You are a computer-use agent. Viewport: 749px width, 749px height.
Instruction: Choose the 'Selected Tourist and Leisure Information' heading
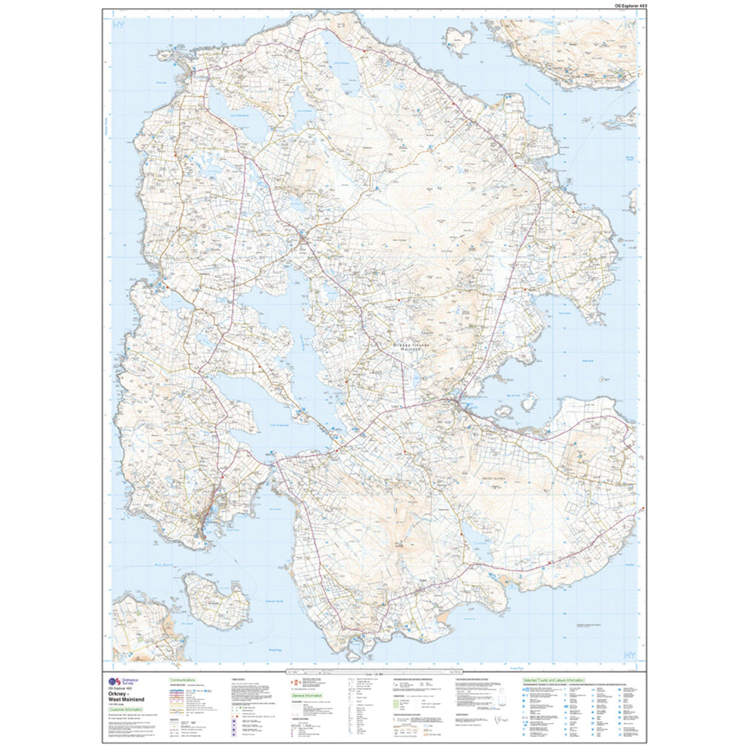click(x=553, y=680)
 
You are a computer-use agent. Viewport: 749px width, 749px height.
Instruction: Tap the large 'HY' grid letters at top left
click(x=120, y=27)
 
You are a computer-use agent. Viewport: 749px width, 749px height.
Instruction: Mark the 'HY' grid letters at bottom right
click(x=627, y=653)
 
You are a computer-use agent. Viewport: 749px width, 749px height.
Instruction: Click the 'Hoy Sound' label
click(x=192, y=563)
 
